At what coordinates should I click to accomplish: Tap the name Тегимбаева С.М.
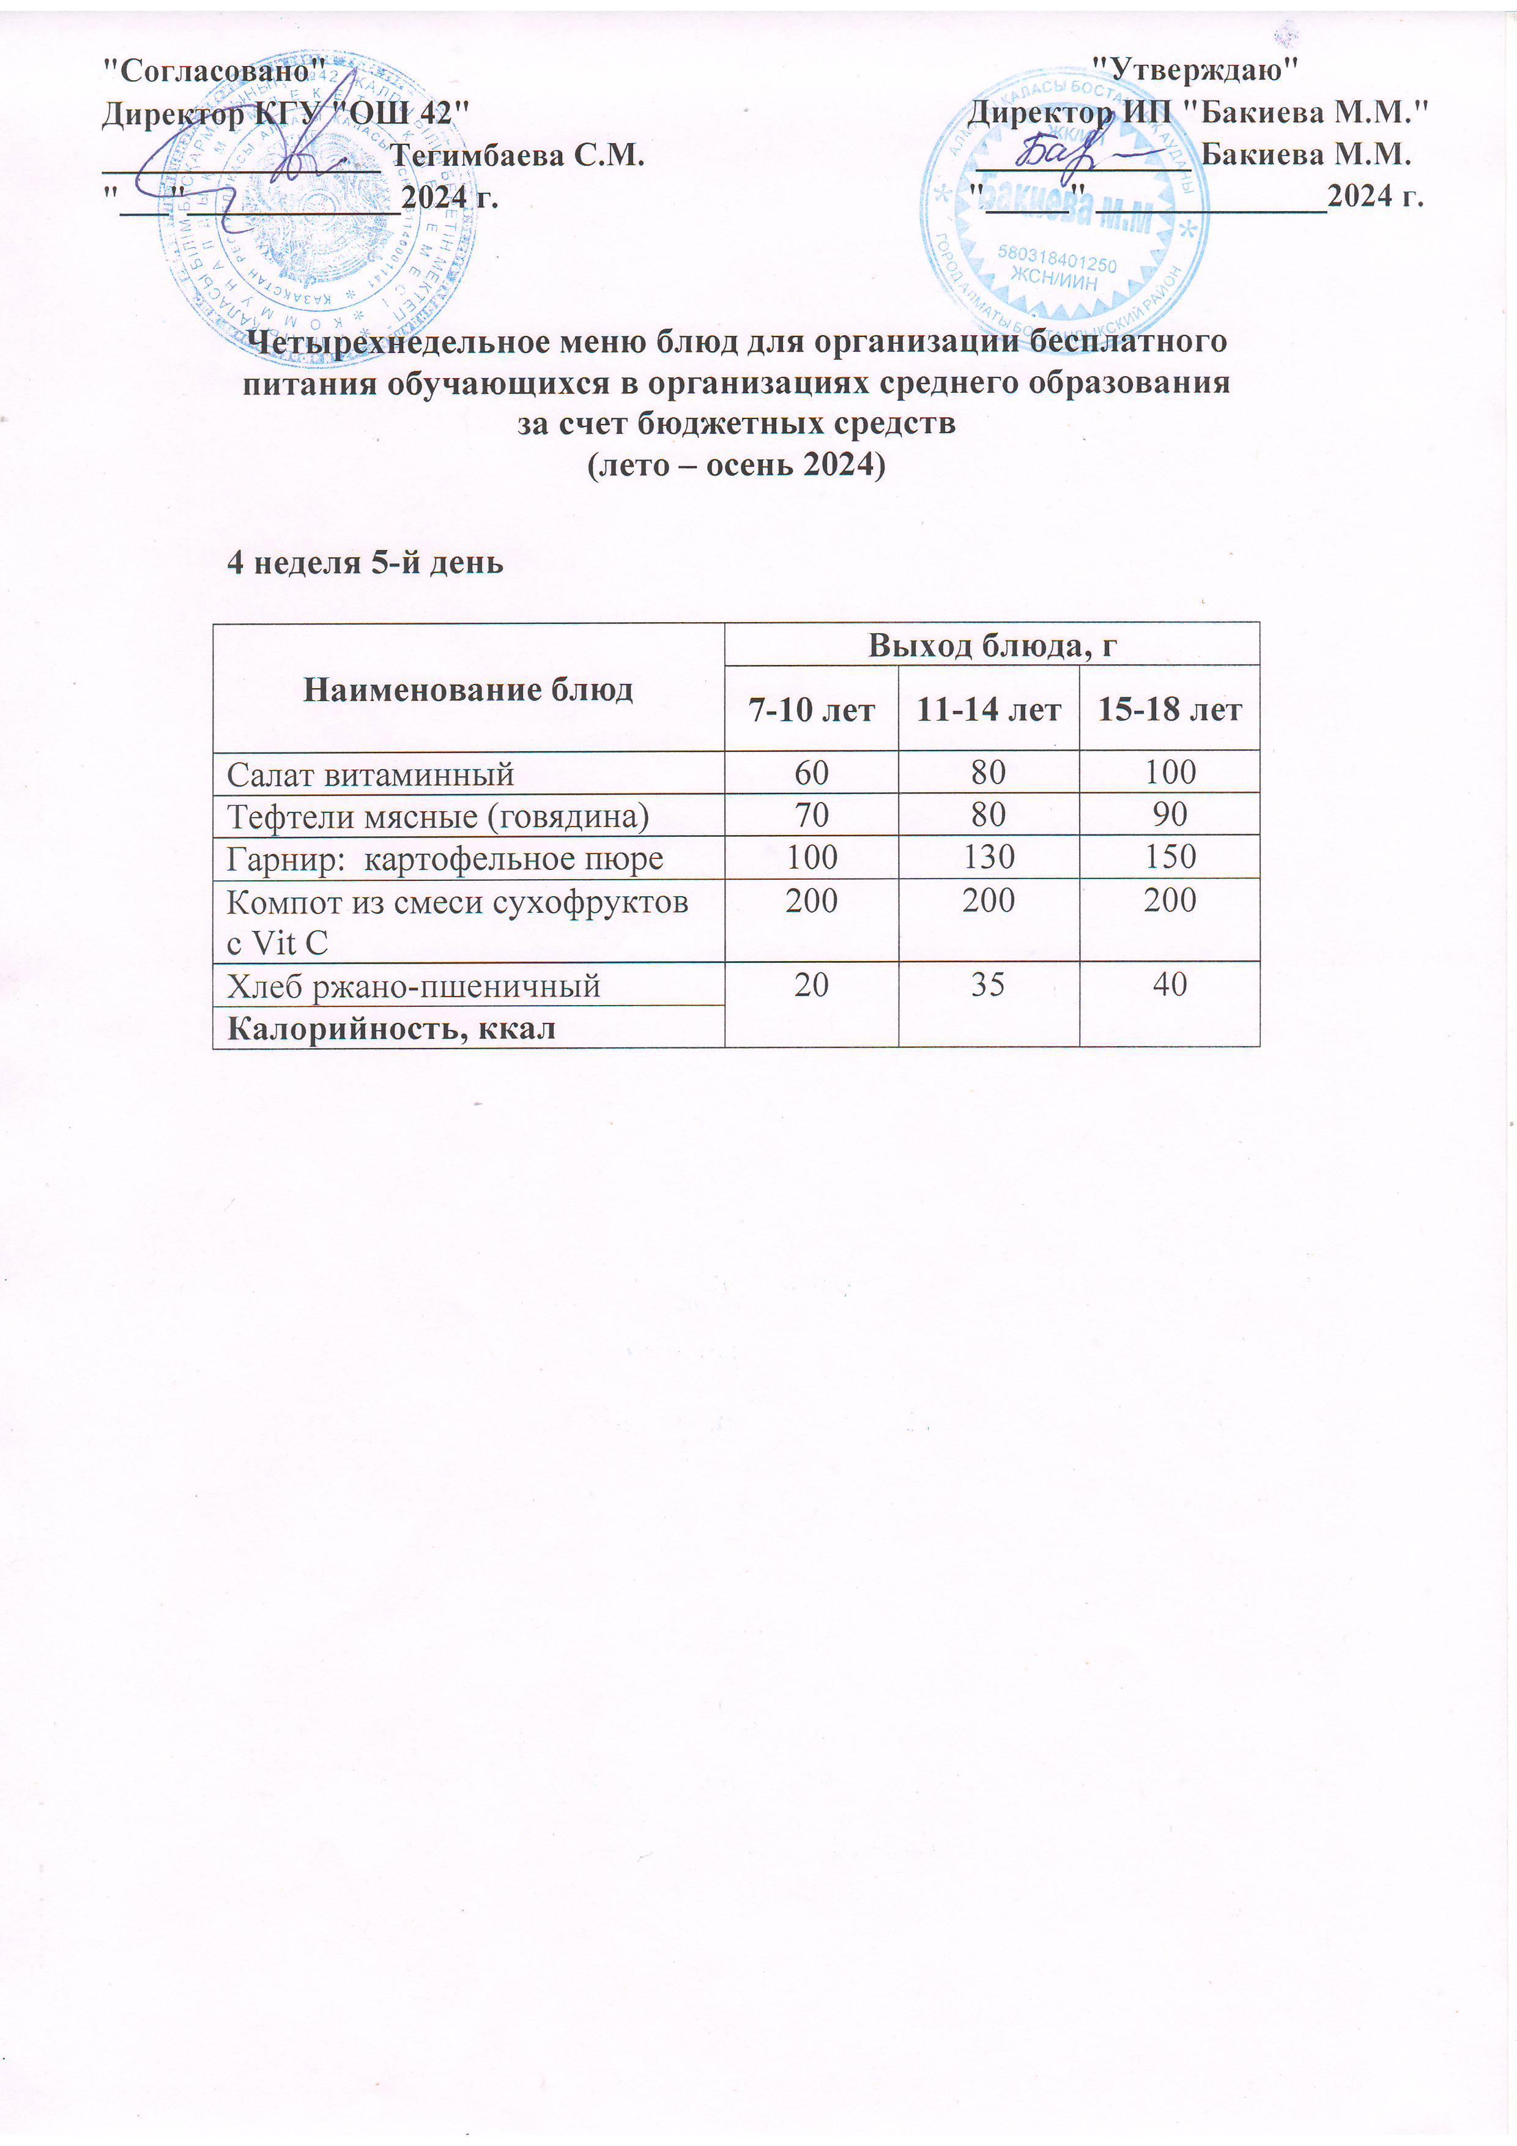[x=517, y=155]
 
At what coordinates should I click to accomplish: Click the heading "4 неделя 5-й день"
[x=365, y=563]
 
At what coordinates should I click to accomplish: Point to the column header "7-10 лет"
[x=811, y=710]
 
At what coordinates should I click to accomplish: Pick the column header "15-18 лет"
[x=1170, y=710]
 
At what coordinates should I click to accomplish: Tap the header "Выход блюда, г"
[x=992, y=645]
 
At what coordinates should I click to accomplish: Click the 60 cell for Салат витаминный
[x=811, y=772]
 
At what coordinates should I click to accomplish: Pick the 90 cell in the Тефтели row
[x=1170, y=814]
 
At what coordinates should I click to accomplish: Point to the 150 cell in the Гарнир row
[x=1170, y=856]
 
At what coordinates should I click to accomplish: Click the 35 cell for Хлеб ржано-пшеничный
[x=987, y=984]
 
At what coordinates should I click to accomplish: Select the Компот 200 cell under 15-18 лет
[x=1170, y=900]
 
